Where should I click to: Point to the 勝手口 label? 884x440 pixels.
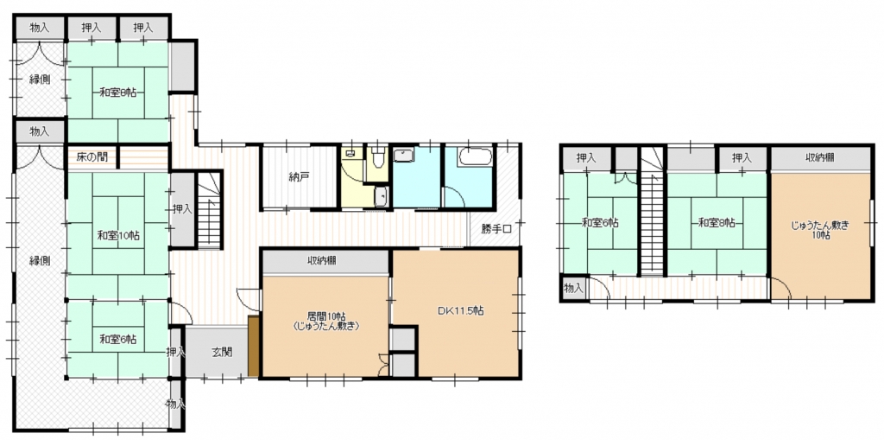(496, 229)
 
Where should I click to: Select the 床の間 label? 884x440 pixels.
(92, 156)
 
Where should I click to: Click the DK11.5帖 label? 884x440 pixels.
(461, 310)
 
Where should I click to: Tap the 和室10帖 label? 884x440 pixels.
(117, 235)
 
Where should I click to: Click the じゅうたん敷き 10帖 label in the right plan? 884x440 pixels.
(820, 231)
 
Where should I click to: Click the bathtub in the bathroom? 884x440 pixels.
(476, 156)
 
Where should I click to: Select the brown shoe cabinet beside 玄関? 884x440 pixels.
(253, 347)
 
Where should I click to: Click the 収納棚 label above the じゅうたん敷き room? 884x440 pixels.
(820, 159)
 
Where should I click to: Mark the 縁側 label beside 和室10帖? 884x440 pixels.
(40, 261)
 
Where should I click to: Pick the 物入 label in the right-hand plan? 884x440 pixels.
(573, 289)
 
